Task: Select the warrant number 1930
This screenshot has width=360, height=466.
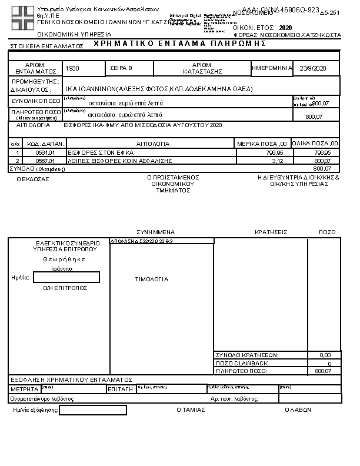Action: tap(73, 69)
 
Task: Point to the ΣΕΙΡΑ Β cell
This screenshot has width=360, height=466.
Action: tap(122, 69)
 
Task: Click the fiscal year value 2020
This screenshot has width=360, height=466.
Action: tap(285, 28)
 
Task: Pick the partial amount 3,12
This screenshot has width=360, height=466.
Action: tap(279, 160)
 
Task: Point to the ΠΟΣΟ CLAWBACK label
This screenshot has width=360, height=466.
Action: tap(242, 363)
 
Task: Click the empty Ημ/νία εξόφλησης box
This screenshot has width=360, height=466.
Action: tap(92, 410)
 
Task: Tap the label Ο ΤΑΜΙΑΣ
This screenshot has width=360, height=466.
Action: tap(191, 410)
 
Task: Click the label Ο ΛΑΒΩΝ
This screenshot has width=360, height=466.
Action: tap(297, 410)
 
